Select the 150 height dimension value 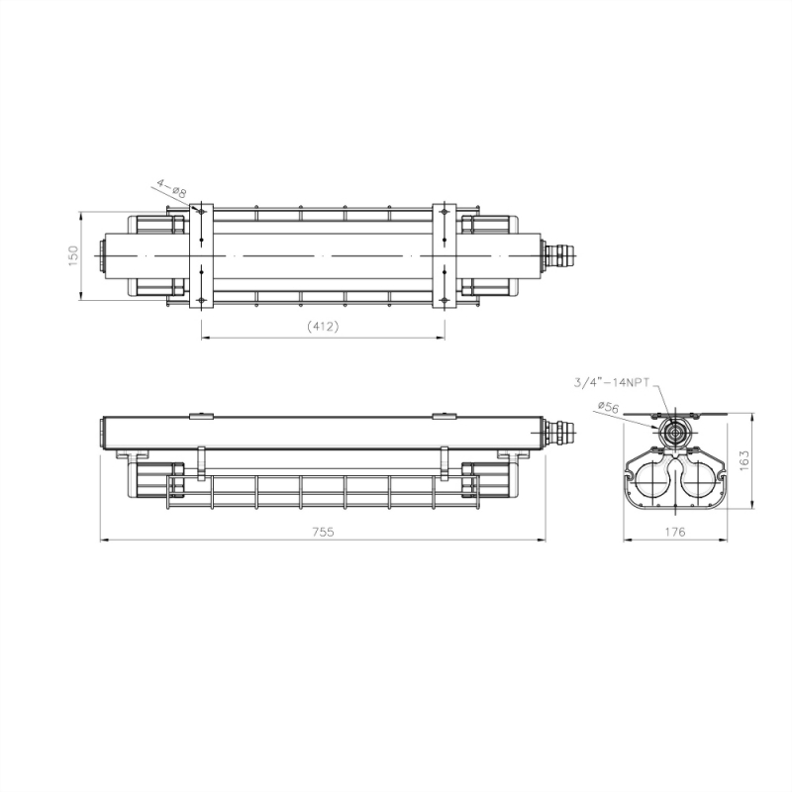(72, 255)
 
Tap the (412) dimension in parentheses (323, 326)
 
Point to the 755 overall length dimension (323, 531)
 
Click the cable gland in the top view (560, 255)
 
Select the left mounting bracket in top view (200, 255)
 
